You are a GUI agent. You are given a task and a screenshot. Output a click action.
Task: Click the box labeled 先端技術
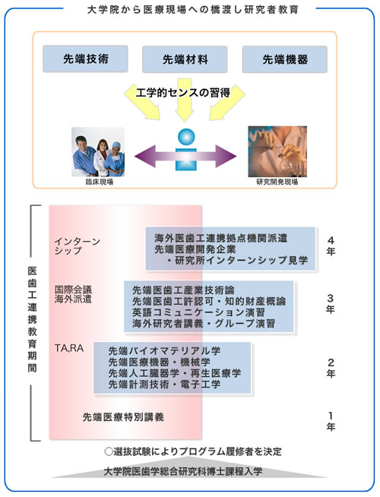(85, 59)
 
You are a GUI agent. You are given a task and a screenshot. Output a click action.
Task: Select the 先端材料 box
(185, 59)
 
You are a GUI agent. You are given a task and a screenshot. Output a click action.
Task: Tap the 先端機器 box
(284, 59)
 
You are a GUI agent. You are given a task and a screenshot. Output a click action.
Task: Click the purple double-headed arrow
(185, 156)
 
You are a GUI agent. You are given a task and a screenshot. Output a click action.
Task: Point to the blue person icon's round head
(186, 137)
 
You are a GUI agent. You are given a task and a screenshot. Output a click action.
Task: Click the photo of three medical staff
(98, 152)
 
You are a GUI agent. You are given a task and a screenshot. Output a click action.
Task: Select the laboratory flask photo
(277, 151)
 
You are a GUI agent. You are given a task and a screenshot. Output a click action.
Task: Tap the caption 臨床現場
(100, 182)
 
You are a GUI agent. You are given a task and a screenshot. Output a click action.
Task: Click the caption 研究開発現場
(277, 182)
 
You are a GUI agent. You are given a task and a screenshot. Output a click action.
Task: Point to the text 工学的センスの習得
(183, 93)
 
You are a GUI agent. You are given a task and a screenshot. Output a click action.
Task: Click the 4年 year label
(331, 245)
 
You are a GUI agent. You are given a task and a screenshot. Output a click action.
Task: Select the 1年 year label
(331, 421)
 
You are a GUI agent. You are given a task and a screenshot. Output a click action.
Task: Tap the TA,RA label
(69, 348)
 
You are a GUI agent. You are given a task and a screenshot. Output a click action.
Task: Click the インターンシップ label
(77, 246)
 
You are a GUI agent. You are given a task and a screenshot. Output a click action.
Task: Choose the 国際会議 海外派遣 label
(73, 294)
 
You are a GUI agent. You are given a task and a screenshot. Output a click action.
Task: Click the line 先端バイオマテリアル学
(164, 351)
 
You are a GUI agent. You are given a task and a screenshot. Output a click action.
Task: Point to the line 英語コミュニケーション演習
(198, 312)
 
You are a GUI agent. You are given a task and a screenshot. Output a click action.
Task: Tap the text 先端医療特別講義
(123, 417)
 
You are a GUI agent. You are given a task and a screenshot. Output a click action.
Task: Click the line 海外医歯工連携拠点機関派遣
(221, 238)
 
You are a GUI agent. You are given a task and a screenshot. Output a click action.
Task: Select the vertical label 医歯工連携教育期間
(33, 319)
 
